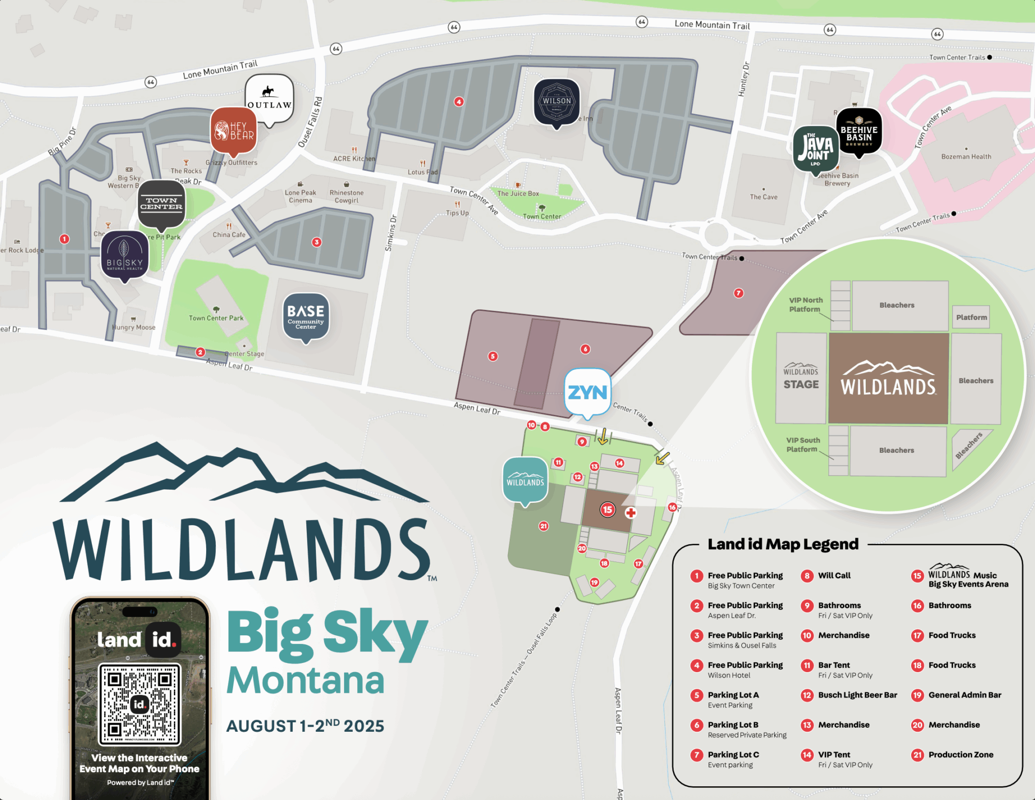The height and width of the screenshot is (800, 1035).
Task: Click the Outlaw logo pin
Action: click(269, 98)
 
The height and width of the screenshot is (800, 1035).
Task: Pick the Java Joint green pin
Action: click(815, 149)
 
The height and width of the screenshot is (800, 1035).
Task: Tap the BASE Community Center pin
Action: click(306, 316)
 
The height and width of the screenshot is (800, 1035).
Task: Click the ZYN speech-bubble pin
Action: click(587, 392)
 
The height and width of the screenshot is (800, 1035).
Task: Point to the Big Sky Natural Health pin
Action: click(125, 255)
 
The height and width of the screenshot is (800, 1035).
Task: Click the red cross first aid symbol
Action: click(630, 513)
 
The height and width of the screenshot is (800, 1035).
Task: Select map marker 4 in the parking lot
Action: click(458, 102)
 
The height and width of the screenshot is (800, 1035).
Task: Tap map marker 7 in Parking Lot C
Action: click(738, 293)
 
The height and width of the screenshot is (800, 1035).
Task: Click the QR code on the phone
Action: click(139, 704)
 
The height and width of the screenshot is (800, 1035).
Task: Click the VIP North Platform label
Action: click(806, 305)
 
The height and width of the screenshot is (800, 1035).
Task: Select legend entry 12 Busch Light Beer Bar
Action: click(857, 695)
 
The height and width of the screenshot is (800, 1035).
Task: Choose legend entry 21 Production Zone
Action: click(960, 755)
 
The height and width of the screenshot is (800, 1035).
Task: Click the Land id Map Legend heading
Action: click(783, 544)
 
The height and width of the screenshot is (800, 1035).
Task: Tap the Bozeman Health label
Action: click(966, 157)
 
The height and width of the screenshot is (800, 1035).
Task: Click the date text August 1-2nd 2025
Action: click(305, 726)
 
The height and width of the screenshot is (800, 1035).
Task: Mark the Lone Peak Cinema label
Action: click(300, 196)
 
